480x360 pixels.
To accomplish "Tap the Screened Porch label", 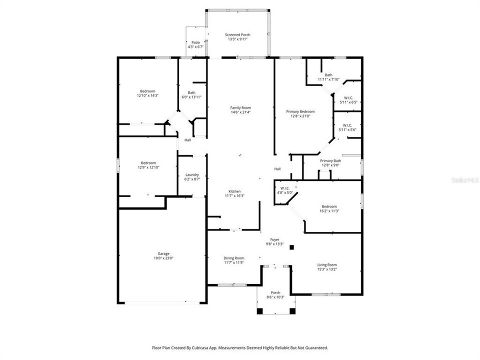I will click(237, 34).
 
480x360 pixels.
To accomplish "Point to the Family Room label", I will click(240, 107).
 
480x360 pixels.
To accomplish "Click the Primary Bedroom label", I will click(300, 111).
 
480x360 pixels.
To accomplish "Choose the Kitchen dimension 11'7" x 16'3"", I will click(235, 196).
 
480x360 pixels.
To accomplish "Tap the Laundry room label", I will click(192, 174).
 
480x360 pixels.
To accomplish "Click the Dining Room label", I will click(233, 258).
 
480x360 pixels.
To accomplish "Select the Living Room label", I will click(327, 265).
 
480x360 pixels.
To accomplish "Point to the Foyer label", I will click(274, 239).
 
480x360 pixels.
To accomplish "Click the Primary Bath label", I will click(330, 160).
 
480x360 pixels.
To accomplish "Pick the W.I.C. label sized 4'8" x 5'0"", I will click(285, 188).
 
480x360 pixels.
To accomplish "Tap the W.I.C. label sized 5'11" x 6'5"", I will click(349, 97).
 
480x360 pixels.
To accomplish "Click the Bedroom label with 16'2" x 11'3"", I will click(329, 206).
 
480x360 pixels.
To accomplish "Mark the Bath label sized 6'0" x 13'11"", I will click(191, 92).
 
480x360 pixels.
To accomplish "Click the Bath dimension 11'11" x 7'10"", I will click(328, 79).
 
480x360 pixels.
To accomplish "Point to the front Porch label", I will click(275, 292).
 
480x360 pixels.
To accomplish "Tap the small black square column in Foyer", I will click(292, 246).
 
